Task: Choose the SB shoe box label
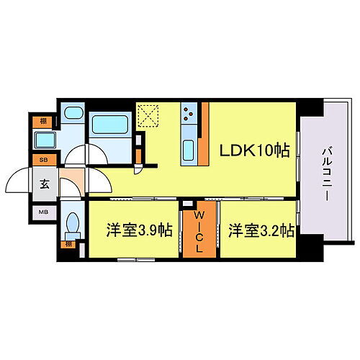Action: [44, 159]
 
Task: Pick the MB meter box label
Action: [44, 213]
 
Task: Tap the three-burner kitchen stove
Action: [189, 114]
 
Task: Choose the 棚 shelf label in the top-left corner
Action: [44, 121]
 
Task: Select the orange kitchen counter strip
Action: [204, 135]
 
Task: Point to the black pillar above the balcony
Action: [310, 107]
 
